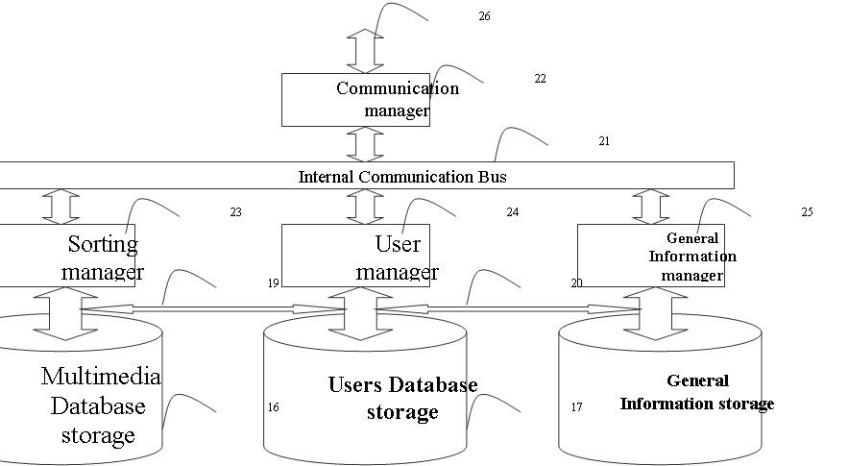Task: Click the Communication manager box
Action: pos(356,100)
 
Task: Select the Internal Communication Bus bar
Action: pos(367,176)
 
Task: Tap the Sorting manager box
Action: pos(67,256)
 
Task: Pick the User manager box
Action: pos(356,256)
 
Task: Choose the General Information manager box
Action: pos(651,256)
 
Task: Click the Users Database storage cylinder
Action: pos(365,390)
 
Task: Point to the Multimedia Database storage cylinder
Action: pos(81,390)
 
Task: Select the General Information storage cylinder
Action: pos(661,390)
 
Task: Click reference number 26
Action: pos(485,16)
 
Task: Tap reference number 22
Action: pos(541,79)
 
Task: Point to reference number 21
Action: pos(604,140)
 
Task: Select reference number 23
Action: pos(236,212)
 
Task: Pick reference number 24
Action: pos(513,212)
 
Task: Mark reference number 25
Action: pos(807,212)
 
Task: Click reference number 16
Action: pos(274,407)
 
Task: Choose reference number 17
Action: pos(576,407)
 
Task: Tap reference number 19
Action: pos(274,283)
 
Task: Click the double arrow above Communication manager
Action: pos(365,51)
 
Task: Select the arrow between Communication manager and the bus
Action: pos(365,144)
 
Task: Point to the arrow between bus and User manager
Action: pos(365,207)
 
